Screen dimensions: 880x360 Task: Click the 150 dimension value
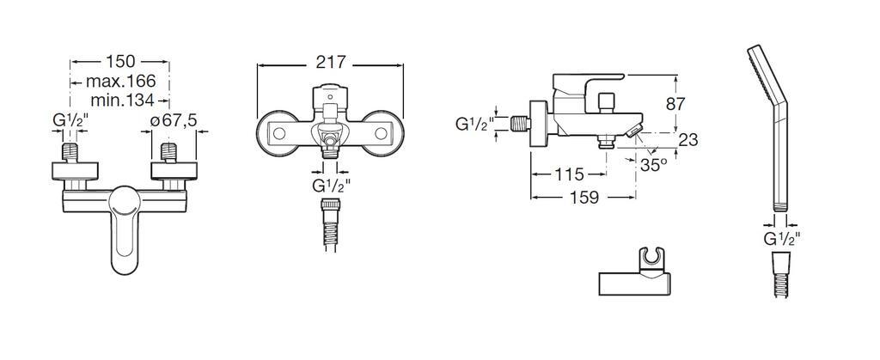(x=120, y=61)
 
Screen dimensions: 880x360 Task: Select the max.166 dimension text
(x=120, y=82)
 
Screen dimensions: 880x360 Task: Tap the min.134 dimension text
(x=122, y=101)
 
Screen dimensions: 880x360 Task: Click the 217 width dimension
(x=331, y=62)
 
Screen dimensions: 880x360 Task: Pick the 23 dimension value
(x=688, y=140)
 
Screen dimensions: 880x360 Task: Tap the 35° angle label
(x=654, y=165)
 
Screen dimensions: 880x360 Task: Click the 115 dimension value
(x=569, y=175)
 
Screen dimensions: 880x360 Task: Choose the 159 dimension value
(x=584, y=198)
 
